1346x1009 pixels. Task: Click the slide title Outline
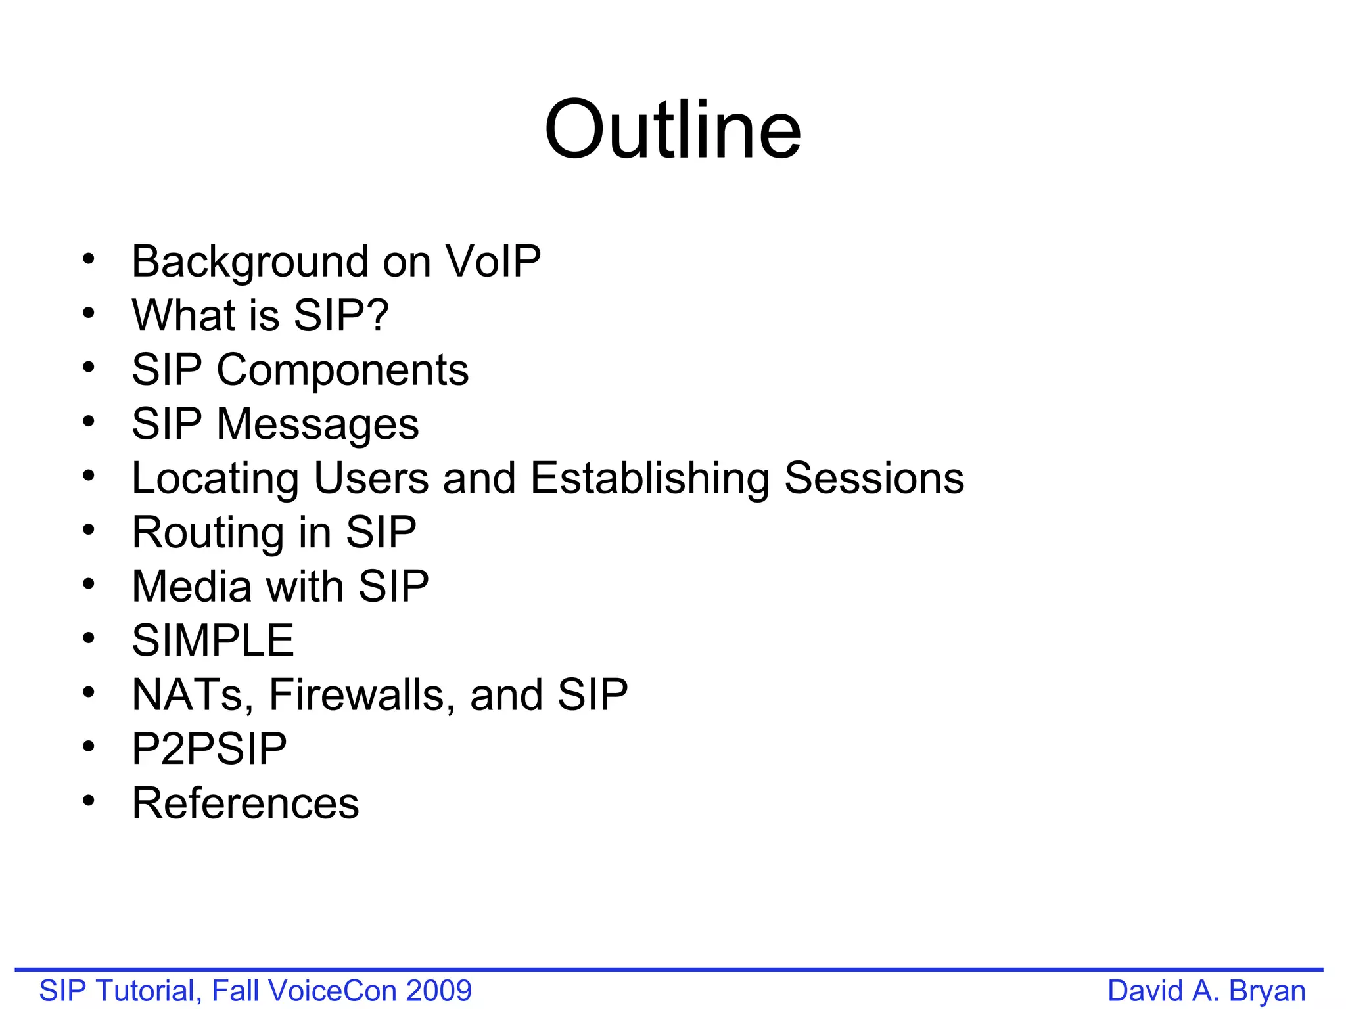[672, 129]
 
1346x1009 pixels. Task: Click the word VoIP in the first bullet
[493, 261]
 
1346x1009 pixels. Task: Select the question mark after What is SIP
[377, 315]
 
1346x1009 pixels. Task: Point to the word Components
[342, 370]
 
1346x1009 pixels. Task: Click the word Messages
[317, 424]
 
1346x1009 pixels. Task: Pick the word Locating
[216, 479]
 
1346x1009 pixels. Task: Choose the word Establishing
[649, 479]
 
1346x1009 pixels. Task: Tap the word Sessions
[874, 478]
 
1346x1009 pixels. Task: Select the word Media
[191, 586]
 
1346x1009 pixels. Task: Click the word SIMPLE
[213, 640]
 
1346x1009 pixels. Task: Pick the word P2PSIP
[209, 749]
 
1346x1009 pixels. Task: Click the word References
[245, 803]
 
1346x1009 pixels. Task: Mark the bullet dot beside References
[89, 800]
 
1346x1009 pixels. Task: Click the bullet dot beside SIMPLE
[89, 638]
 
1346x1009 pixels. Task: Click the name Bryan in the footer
[1267, 991]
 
